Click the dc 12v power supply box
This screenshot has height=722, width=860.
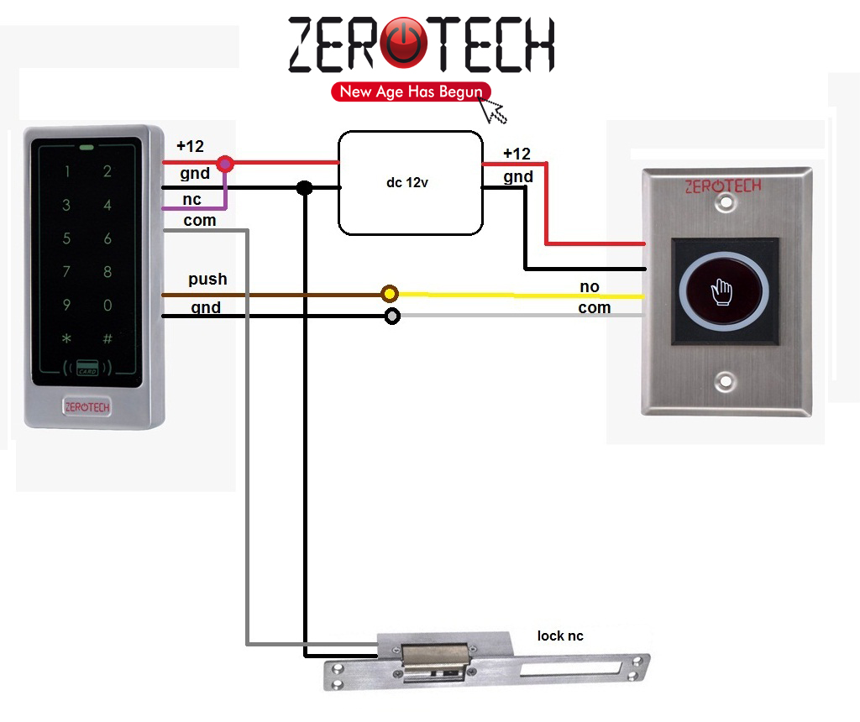point(410,182)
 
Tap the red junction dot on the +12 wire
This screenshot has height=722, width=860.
point(225,163)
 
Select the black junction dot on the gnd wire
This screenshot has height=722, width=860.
point(305,188)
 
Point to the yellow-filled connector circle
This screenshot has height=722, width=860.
point(389,294)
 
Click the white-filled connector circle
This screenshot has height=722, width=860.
point(391,317)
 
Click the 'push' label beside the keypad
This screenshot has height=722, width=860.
point(207,279)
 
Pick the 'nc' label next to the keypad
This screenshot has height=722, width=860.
point(192,200)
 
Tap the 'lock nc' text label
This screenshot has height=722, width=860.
point(560,636)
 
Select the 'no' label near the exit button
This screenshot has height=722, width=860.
point(590,286)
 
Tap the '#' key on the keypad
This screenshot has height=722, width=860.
point(107,339)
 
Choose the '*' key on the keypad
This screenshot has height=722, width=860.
point(66,339)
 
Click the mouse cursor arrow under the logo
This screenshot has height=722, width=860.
point(492,109)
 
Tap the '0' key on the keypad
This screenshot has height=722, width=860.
point(107,306)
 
